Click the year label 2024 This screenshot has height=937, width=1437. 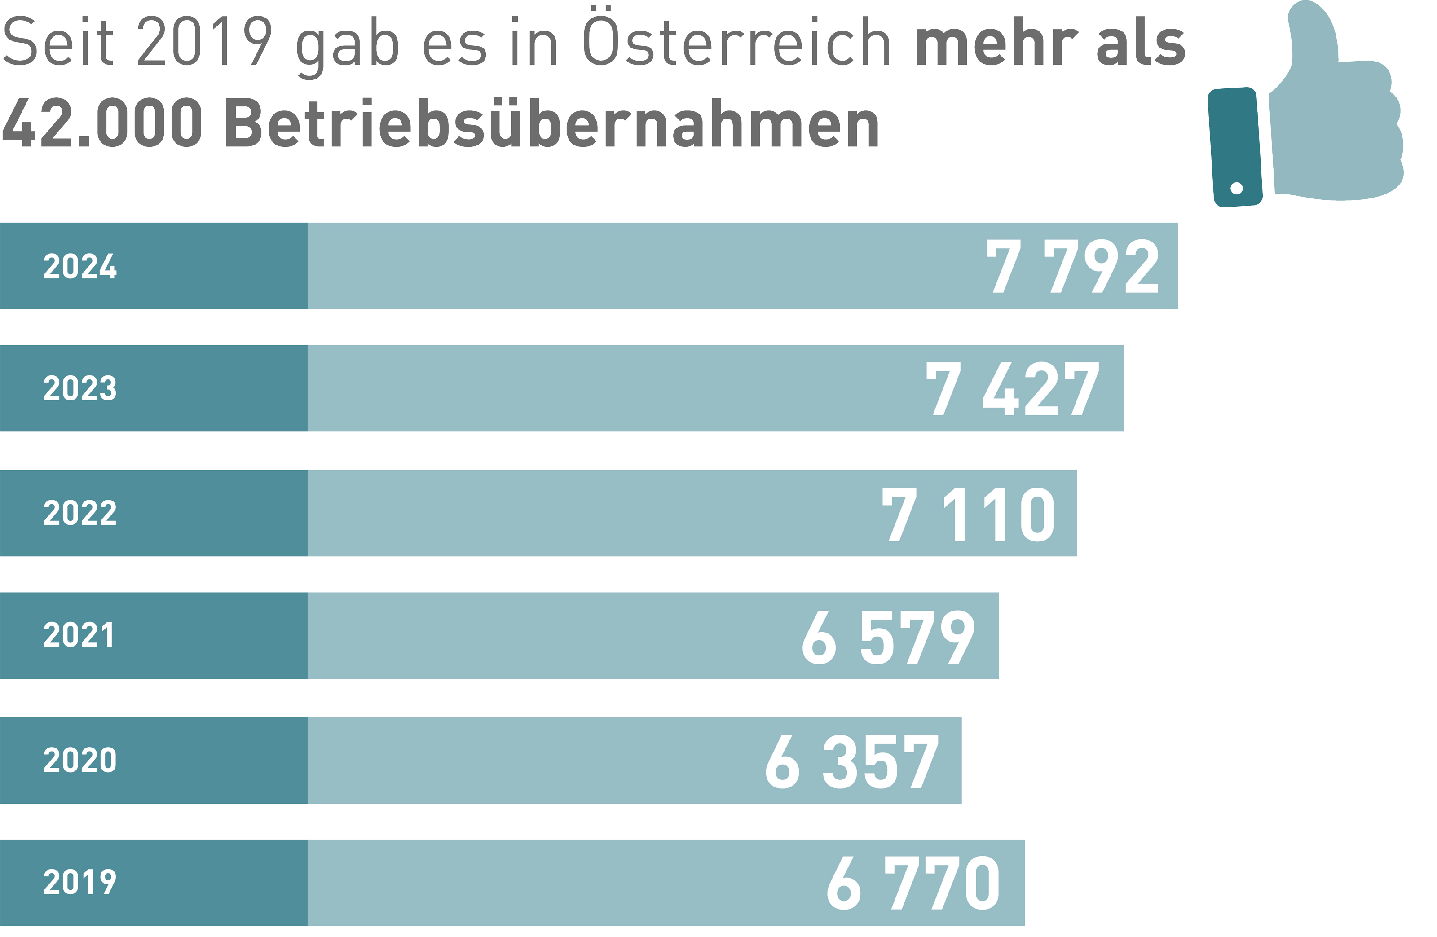click(x=79, y=267)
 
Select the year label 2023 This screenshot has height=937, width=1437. click(x=79, y=388)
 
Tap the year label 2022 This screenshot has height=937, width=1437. click(x=79, y=513)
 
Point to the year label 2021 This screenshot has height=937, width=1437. click(x=79, y=636)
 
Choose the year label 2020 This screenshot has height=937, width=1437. click(x=79, y=760)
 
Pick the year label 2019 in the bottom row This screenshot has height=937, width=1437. click(x=79, y=882)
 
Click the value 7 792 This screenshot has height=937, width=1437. click(x=1072, y=266)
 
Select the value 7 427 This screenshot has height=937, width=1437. click(x=1013, y=389)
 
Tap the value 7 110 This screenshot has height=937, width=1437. click(x=968, y=515)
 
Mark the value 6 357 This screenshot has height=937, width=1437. click(x=851, y=762)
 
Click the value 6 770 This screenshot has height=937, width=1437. click(x=913, y=883)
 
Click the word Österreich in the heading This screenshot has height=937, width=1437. click(x=736, y=41)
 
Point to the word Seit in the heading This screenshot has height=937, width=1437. click(x=57, y=41)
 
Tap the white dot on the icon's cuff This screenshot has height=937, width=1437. click(x=1237, y=189)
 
